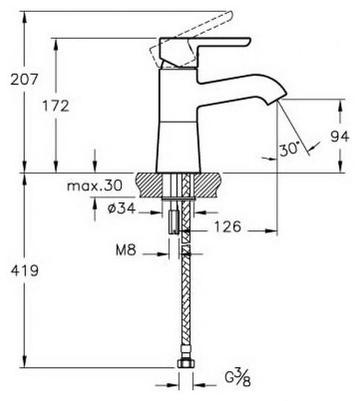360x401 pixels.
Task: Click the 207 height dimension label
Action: [x=24, y=79]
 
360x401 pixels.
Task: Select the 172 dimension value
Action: [x=56, y=106]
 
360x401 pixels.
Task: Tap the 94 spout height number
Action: [x=340, y=136]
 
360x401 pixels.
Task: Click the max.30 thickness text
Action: [x=95, y=185]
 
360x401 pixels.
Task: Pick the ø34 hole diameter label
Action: [x=121, y=208]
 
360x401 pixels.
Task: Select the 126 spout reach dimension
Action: [x=227, y=226]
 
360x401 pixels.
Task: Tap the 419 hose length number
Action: [x=25, y=270]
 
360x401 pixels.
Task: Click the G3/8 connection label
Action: [x=238, y=381]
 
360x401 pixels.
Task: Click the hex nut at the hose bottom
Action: [x=186, y=363]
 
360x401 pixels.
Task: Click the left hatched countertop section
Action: [x=149, y=185]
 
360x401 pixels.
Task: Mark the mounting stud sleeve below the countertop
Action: [x=173, y=222]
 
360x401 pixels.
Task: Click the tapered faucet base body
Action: [x=178, y=146]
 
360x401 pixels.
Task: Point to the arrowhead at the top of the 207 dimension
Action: [x=25, y=16]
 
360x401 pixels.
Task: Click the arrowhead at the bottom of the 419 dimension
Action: [x=25, y=362]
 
